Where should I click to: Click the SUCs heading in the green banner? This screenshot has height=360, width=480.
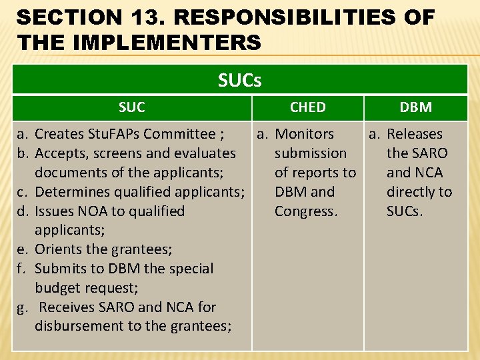coord(239,81)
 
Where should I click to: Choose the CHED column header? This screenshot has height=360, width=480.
coord(308,107)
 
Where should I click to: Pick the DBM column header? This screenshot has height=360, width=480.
coord(415,107)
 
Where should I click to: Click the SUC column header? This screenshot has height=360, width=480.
coord(131,107)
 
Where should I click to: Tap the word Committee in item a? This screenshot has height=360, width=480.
coord(183,135)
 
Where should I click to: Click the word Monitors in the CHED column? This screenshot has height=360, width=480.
coord(305,135)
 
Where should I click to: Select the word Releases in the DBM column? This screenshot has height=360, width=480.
coord(415,135)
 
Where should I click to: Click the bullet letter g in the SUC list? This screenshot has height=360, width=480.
coord(22,308)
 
